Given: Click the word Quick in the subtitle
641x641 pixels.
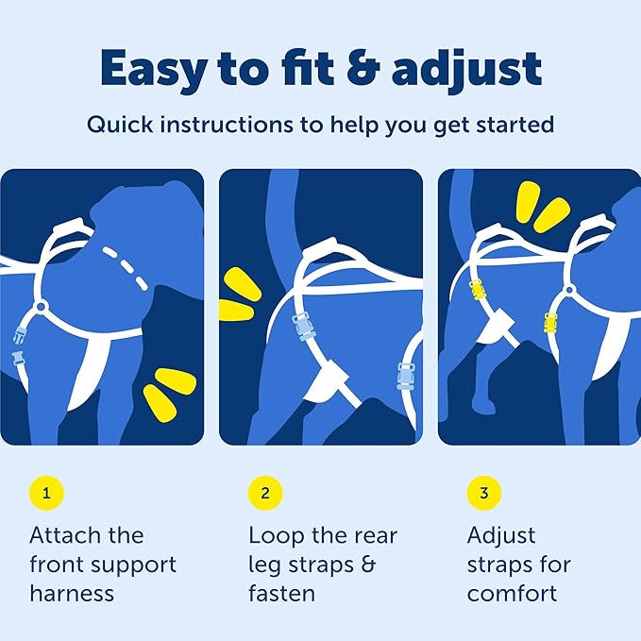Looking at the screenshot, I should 117,125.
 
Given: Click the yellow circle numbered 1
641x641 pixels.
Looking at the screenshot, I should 46,493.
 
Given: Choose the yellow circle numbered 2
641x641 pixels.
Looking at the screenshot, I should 265,493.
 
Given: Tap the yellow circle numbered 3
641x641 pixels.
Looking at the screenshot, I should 484,493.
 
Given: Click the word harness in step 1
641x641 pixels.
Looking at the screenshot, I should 72,594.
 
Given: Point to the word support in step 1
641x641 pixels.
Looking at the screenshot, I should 131,565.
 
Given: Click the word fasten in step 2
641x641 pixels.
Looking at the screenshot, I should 281,594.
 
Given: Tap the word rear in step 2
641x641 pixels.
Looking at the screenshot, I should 373,535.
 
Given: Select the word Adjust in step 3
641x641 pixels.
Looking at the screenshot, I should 501,535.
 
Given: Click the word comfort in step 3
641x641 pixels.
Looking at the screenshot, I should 512,594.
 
